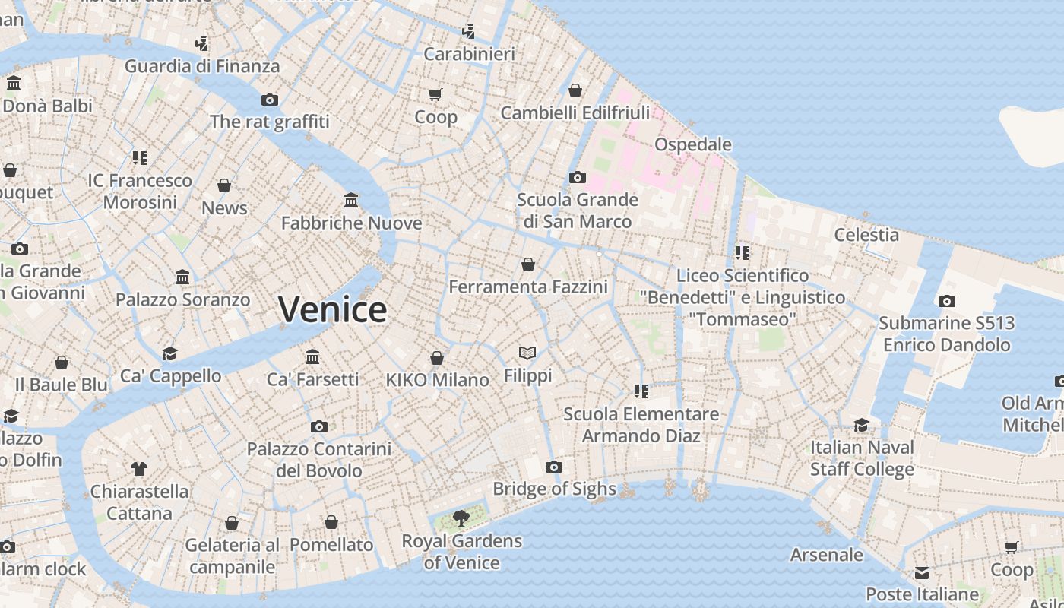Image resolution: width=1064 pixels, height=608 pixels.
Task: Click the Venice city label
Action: pyautogui.click(x=332, y=310)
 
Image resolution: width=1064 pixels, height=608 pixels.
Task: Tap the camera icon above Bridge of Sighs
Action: pyautogui.click(x=554, y=467)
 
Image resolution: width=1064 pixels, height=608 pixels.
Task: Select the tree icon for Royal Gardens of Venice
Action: pyautogui.click(x=461, y=518)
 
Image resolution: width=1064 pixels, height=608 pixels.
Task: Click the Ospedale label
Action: pyautogui.click(x=692, y=144)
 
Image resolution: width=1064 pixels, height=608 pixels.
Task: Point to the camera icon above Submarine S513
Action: pyautogui.click(x=946, y=301)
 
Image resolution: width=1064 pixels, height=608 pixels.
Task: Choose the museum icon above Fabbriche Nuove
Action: pyautogui.click(x=351, y=201)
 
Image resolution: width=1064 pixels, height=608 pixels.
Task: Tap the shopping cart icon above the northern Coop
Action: pyautogui.click(x=435, y=95)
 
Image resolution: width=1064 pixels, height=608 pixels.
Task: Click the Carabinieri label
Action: pyautogui.click(x=469, y=54)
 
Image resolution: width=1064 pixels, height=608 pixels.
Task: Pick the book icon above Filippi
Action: pyautogui.click(x=527, y=353)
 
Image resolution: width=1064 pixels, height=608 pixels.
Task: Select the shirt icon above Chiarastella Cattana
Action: pyautogui.click(x=139, y=468)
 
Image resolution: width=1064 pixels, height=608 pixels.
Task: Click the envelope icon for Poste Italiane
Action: pyautogui.click(x=922, y=572)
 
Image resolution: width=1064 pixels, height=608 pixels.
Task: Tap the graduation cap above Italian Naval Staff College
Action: pyautogui.click(x=861, y=425)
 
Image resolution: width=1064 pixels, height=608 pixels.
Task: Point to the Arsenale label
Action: pyautogui.click(x=827, y=555)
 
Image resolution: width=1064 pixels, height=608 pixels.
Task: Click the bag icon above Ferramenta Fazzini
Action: pyautogui.click(x=528, y=264)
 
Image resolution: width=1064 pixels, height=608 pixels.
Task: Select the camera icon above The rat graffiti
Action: pyautogui.click(x=269, y=100)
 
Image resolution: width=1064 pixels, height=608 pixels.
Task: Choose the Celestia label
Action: pyautogui.click(x=866, y=235)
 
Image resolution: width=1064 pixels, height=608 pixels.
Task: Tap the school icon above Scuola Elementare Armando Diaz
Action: pyautogui.click(x=641, y=391)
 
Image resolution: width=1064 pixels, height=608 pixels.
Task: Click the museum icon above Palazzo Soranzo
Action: pyautogui.click(x=182, y=277)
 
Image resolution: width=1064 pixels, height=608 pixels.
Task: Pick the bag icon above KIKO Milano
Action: pyautogui.click(x=437, y=358)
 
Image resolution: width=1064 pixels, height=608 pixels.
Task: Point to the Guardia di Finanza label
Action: pyautogui.click(x=202, y=66)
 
